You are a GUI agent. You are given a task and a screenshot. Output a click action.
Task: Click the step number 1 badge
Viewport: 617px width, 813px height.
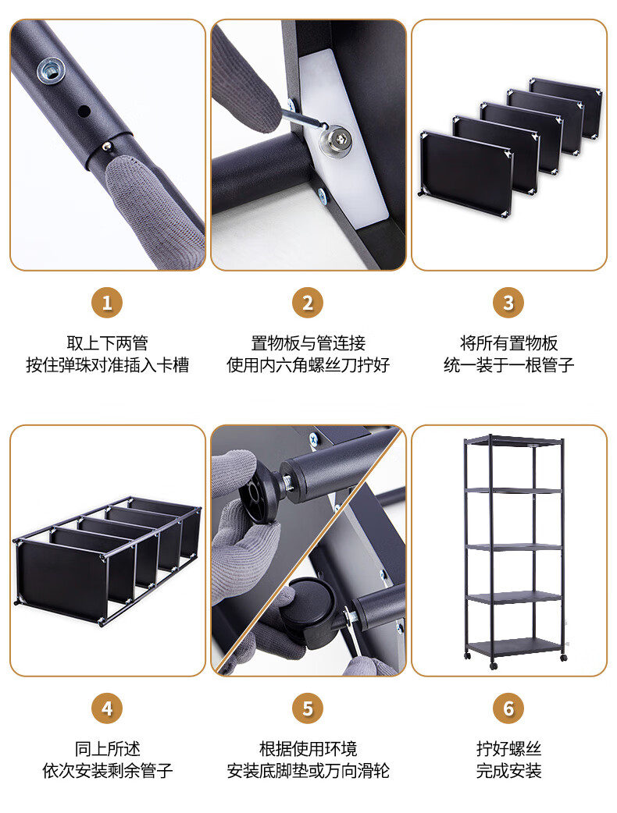pos(107,303)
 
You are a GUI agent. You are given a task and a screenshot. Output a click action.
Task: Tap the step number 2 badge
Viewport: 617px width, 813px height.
pos(308,303)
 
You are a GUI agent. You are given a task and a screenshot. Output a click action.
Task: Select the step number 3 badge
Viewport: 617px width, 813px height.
pos(508,303)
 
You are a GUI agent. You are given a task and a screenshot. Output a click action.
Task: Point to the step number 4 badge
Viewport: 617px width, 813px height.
pos(107,708)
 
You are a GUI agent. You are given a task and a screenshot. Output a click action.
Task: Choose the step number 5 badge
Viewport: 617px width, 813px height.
pos(308,708)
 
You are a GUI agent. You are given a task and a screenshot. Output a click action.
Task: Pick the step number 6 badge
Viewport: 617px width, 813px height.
pos(508,708)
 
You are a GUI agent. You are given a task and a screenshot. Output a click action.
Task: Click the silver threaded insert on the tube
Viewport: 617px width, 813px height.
pos(52,69)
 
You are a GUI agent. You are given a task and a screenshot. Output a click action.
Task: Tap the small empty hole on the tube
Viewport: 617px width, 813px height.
pos(83,111)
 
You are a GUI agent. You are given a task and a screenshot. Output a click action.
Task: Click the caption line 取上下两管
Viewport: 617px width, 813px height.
pos(108,343)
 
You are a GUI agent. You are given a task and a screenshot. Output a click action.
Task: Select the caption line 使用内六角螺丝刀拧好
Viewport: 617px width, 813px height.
pos(308,365)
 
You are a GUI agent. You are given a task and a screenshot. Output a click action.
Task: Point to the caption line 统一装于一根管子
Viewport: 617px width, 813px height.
pos(508,365)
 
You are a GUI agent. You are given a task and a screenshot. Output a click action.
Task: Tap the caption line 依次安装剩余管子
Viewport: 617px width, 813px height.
pos(108,771)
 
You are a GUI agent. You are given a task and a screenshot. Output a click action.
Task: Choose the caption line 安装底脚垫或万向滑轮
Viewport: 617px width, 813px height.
pos(308,771)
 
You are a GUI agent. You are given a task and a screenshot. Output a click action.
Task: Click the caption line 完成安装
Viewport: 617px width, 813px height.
pos(508,771)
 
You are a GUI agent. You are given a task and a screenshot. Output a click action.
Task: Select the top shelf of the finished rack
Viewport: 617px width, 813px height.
pos(514,442)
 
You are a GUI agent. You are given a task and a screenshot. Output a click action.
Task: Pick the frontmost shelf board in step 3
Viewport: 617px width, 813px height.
pos(466,171)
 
